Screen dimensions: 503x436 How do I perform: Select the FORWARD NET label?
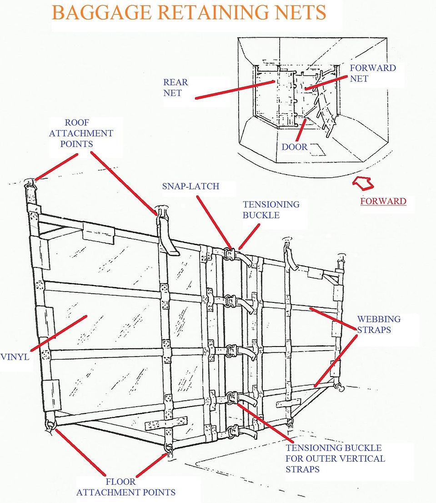click(x=373, y=73)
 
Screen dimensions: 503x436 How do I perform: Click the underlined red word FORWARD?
click(x=383, y=201)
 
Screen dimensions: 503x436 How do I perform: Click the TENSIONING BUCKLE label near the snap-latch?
click(x=271, y=210)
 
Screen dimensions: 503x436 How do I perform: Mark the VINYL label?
click(x=15, y=357)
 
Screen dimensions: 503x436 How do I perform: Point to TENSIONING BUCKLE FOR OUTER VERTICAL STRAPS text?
click(x=335, y=458)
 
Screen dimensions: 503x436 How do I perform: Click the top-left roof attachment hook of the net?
click(x=30, y=184)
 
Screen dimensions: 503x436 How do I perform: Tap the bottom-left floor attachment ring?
click(x=50, y=425)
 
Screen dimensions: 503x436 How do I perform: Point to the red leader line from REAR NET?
click(x=235, y=90)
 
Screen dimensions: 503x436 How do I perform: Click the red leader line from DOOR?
click(x=301, y=130)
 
